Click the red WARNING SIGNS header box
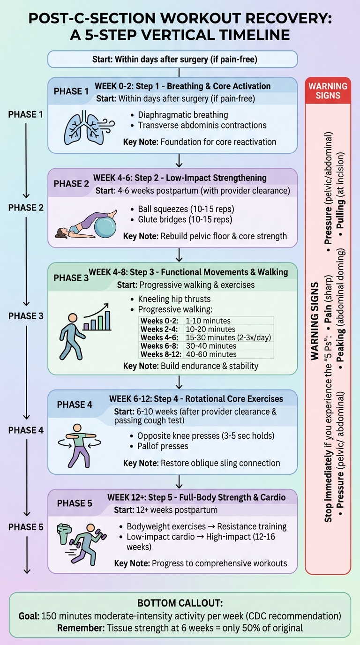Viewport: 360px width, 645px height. coord(328,90)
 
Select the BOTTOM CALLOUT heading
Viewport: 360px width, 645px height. coord(180,603)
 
